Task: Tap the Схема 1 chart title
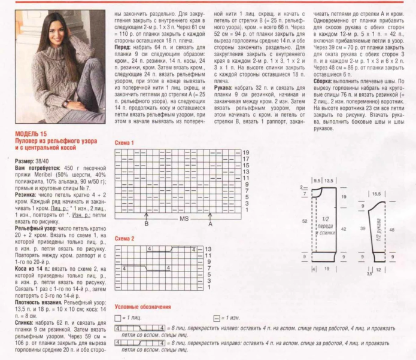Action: tap(124, 144)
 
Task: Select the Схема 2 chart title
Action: tap(124, 239)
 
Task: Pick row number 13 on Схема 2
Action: tap(209, 248)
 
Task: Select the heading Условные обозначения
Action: tap(143, 307)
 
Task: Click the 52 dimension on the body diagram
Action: tap(305, 221)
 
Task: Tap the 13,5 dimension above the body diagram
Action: tap(328, 179)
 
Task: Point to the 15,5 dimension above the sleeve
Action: tap(377, 194)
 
